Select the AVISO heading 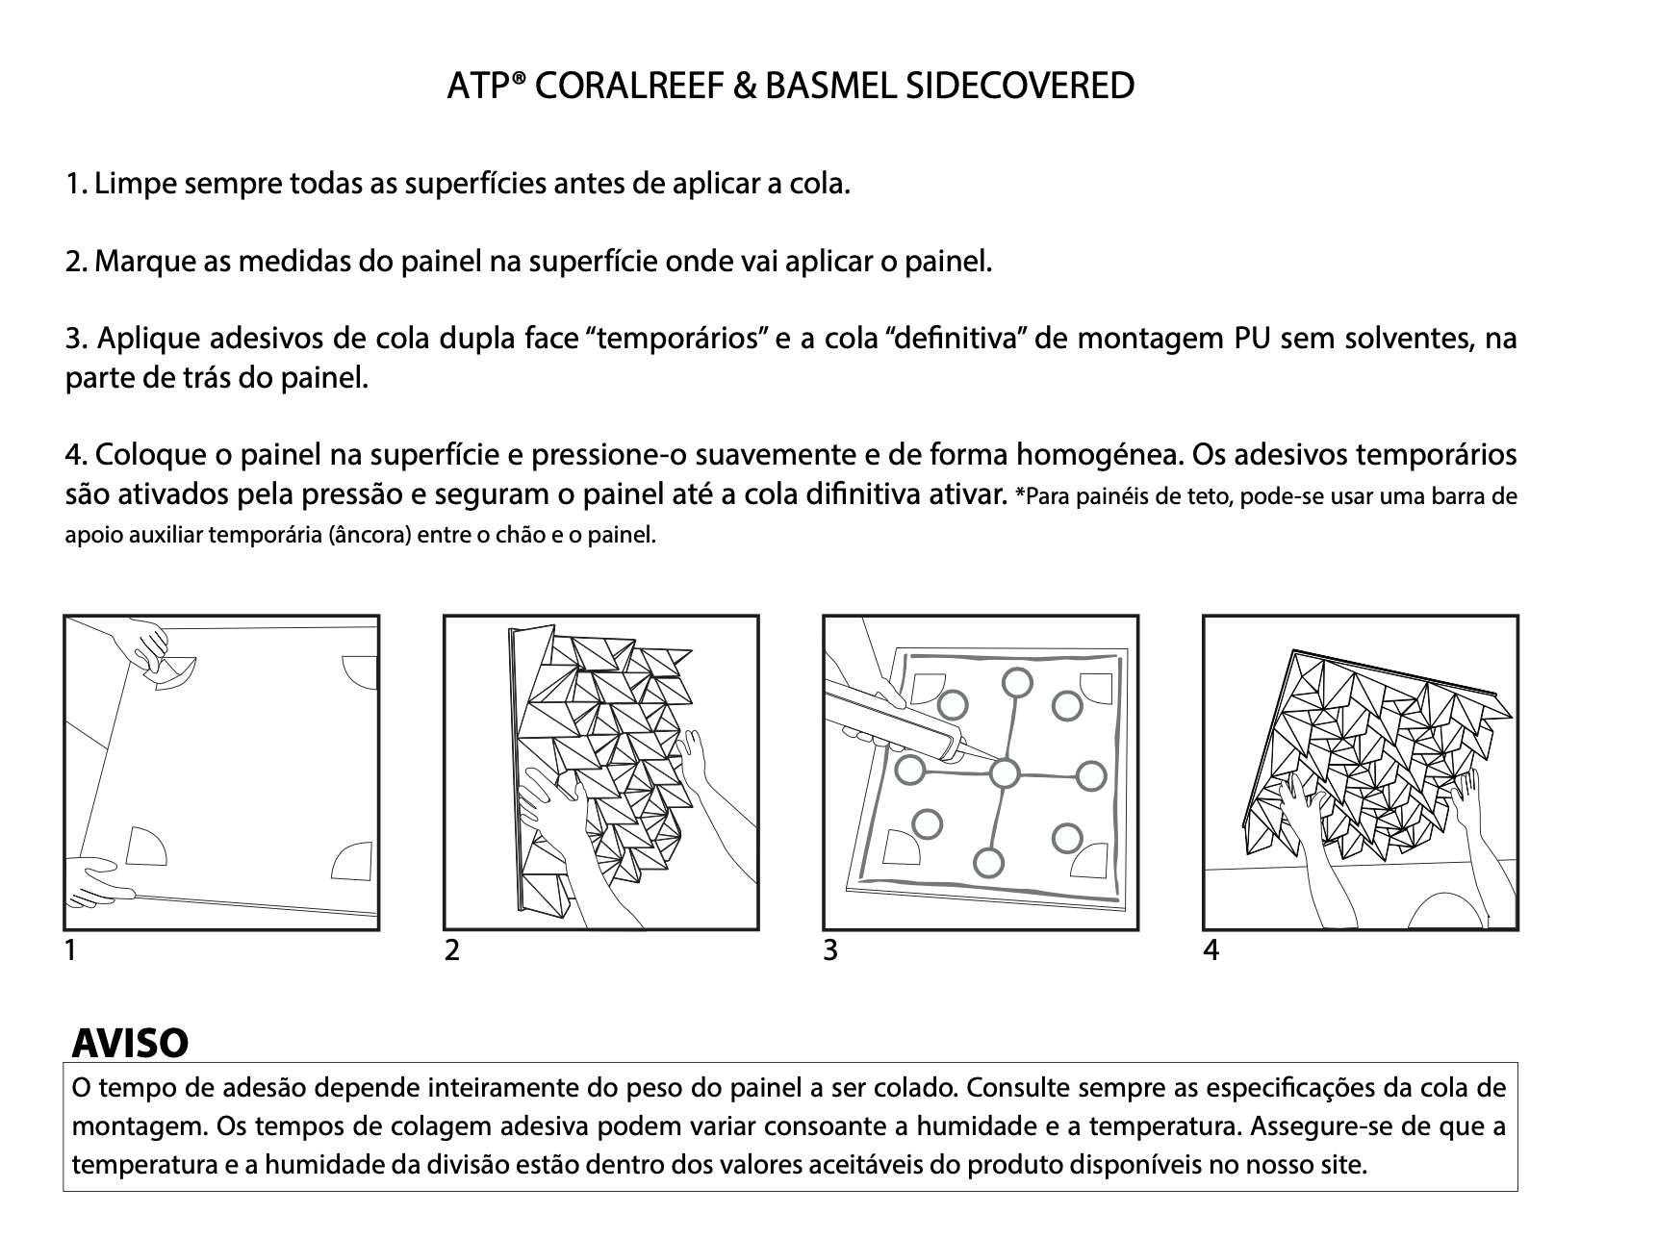[x=130, y=1042]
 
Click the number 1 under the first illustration [x=70, y=950]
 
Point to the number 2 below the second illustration [x=451, y=950]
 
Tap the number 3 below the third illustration [x=830, y=950]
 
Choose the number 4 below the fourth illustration [x=1211, y=950]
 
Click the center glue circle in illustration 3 [x=1004, y=773]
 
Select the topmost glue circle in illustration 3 [x=1017, y=683]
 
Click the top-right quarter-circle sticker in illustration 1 [x=359, y=672]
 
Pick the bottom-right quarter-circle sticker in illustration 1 [x=354, y=861]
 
